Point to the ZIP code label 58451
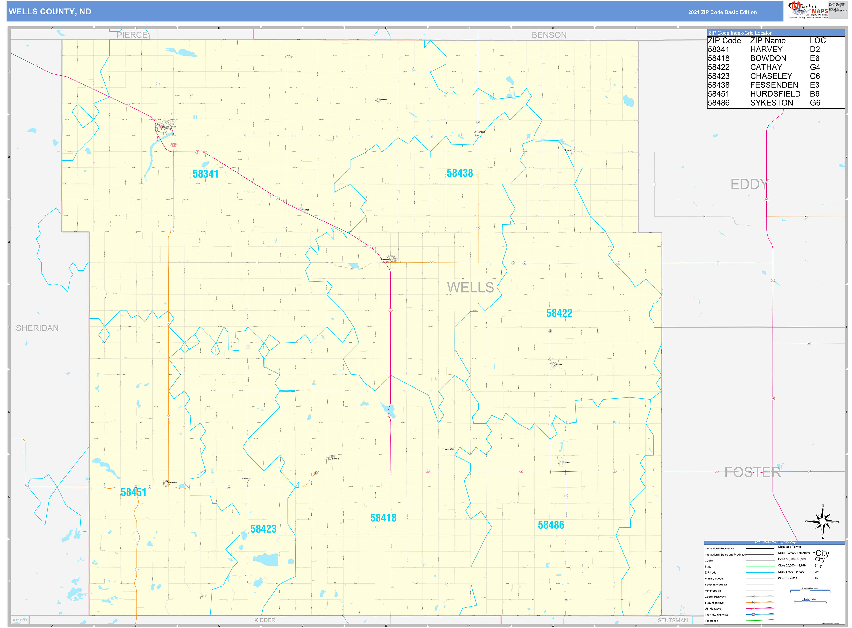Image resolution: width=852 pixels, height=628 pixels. point(133,492)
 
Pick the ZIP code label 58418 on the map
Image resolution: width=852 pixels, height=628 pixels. point(383,518)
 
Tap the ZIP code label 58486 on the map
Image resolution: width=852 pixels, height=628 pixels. point(551,525)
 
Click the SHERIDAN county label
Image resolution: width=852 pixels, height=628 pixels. point(37,328)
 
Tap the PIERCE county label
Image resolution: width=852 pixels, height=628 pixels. point(132,35)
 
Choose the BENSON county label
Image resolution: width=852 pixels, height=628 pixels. point(549,35)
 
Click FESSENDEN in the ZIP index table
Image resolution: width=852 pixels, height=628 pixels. point(774,85)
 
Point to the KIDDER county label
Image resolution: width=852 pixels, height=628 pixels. point(265,620)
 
